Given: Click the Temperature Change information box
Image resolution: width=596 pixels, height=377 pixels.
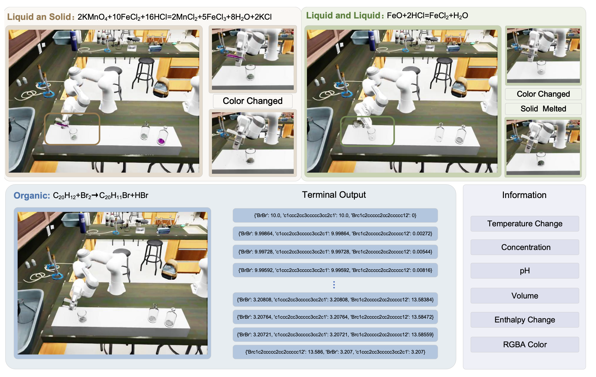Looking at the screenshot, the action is [x=525, y=224].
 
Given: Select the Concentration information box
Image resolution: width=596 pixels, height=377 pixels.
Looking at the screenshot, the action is [x=525, y=247].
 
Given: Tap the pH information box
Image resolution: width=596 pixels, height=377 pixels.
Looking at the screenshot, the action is [x=525, y=271].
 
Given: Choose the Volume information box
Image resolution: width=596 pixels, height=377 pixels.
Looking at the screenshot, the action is [x=525, y=296].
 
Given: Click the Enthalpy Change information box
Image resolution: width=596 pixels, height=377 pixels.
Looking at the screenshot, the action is [x=525, y=320].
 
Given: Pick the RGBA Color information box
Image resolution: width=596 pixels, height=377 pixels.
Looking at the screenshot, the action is [x=525, y=344].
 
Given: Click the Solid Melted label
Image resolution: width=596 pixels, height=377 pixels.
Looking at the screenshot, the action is [x=543, y=109].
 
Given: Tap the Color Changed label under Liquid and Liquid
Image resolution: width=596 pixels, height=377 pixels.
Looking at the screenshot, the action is [x=543, y=94].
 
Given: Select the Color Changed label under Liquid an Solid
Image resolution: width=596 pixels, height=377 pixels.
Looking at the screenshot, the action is [x=253, y=101].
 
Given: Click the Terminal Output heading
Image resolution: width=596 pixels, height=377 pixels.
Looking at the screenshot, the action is [x=334, y=195].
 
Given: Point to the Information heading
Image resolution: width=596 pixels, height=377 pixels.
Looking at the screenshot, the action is [x=524, y=195].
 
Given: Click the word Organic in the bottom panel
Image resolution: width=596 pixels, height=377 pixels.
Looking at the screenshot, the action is [x=32, y=196].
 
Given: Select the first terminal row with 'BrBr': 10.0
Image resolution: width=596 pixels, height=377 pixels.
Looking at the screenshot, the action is [x=335, y=215].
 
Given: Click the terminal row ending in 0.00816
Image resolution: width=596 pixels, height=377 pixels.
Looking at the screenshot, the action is [x=335, y=270].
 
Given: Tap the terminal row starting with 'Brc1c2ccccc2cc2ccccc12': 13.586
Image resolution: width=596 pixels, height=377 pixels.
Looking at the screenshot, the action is [x=335, y=352].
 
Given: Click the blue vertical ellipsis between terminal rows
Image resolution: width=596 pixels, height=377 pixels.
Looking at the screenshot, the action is [x=334, y=285].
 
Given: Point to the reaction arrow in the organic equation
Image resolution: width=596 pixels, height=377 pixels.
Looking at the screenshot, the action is [x=95, y=196].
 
